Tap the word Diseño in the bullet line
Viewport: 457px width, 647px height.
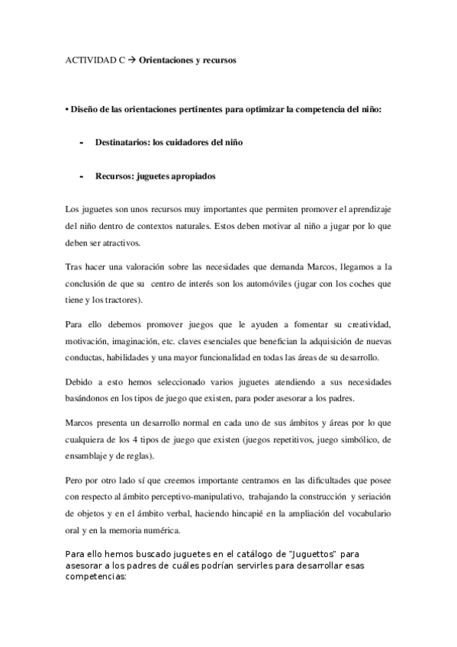point(84,110)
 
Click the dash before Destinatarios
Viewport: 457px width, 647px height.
point(81,143)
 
